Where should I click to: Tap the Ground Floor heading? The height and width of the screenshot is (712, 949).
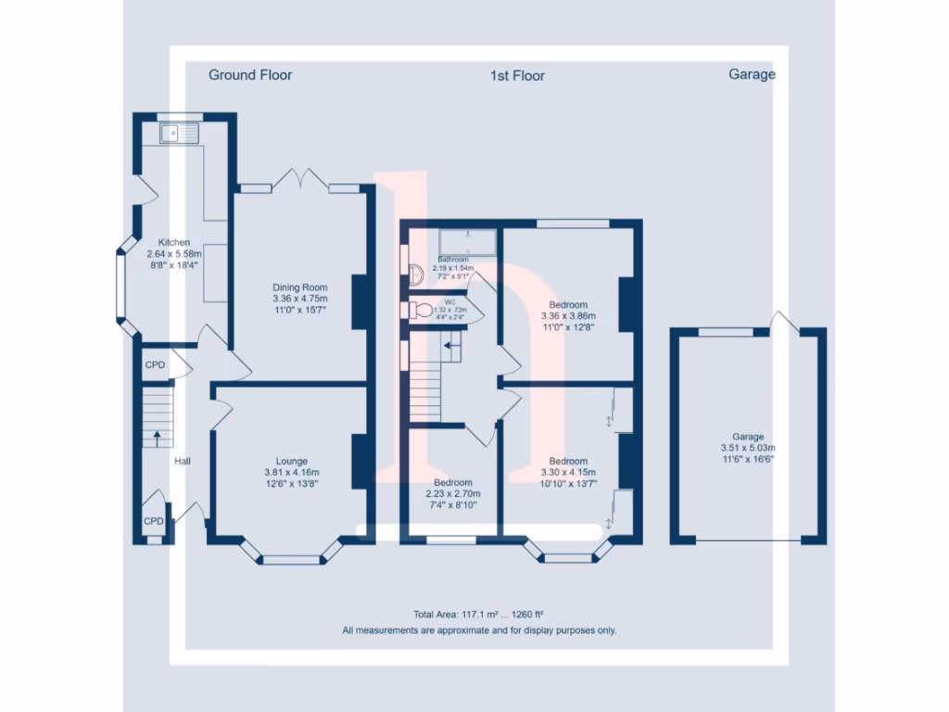pos(250,75)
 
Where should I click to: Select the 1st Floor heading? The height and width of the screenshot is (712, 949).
pos(517,76)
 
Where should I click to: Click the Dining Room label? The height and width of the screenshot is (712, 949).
pos(300,287)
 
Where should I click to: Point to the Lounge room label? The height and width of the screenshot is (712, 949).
pos(291,461)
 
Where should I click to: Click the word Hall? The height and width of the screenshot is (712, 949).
pos(183,461)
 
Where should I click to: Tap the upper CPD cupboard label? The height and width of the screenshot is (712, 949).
pos(155,365)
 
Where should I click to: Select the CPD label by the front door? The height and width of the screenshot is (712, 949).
pos(153,522)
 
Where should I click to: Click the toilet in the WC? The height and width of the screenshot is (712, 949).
pos(422,311)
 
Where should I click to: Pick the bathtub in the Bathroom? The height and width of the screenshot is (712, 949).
pos(467,241)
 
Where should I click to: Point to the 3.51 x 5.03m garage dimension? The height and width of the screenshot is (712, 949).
pos(748,448)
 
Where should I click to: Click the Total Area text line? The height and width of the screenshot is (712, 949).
pos(478,615)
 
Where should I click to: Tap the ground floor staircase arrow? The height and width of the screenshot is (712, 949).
pos(157,434)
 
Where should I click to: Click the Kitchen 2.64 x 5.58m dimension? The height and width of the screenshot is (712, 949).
pos(173,253)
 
